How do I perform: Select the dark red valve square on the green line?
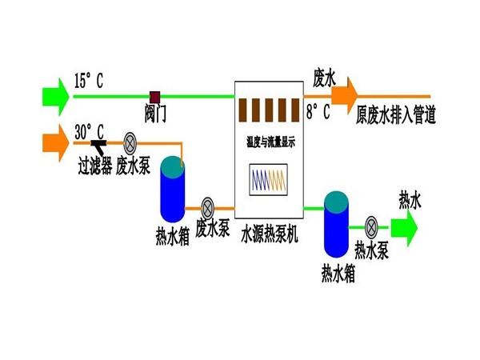[x=155, y=96]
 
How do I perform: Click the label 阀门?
[x=155, y=113]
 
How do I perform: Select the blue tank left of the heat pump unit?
[x=172, y=189]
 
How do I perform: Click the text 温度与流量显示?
[x=271, y=141]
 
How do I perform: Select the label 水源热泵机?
[x=270, y=234]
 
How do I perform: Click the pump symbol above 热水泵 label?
[x=371, y=226]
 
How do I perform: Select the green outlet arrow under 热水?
[x=405, y=226]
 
